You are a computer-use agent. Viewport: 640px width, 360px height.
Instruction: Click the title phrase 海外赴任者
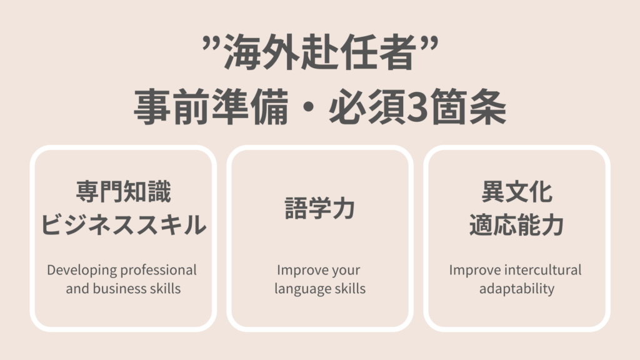319,52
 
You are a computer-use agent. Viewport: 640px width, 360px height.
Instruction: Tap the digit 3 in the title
417,107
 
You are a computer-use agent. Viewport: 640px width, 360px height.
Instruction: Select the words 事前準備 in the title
211,107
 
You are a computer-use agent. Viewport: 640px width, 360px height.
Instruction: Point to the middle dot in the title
309,107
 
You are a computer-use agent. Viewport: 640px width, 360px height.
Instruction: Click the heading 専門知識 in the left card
123,191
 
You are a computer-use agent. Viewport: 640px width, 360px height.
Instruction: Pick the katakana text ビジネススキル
123,224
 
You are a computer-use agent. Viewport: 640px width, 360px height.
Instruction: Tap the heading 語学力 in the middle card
319,208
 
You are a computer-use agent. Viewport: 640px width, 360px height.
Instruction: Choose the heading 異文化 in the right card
517,191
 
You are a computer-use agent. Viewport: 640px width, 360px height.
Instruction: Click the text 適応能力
517,224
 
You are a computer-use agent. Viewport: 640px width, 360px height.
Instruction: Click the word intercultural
543,270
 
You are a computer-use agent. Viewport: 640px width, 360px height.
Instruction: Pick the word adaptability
517,289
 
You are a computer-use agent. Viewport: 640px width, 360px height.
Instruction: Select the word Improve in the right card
475,270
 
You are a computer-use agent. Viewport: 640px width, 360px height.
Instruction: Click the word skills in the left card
165,289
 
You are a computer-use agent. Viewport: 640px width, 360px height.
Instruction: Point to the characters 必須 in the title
367,107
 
